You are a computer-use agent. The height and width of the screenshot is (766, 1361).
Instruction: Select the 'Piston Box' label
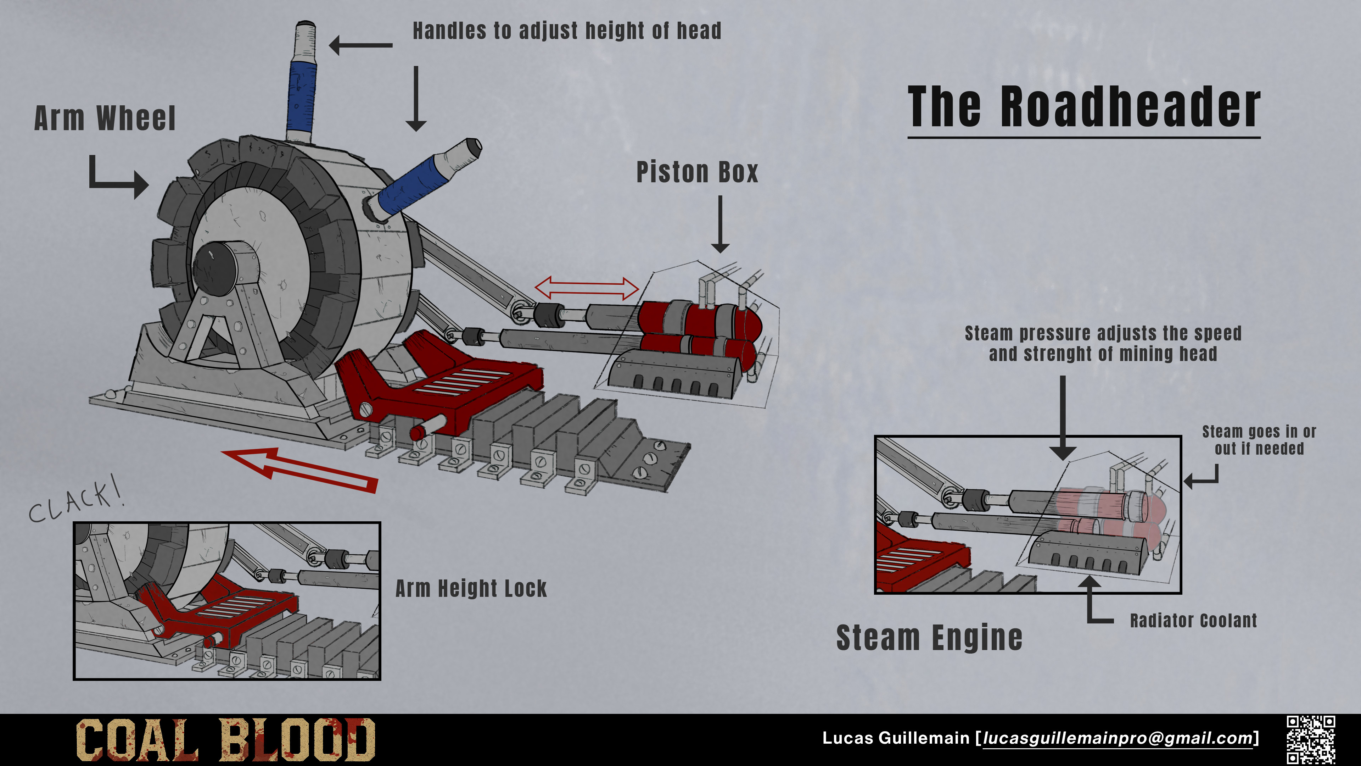point(697,172)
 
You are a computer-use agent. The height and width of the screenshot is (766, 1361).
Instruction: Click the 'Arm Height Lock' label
point(471,588)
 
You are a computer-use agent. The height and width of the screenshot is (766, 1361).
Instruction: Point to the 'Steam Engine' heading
point(929,638)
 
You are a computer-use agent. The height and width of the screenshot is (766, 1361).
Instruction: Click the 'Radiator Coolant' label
point(1193,621)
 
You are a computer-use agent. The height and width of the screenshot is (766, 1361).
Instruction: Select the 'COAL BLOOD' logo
point(226,739)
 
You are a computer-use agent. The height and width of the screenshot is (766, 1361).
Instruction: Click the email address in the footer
point(1118,738)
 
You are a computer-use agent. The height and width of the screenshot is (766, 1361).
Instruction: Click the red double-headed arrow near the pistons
point(587,288)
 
